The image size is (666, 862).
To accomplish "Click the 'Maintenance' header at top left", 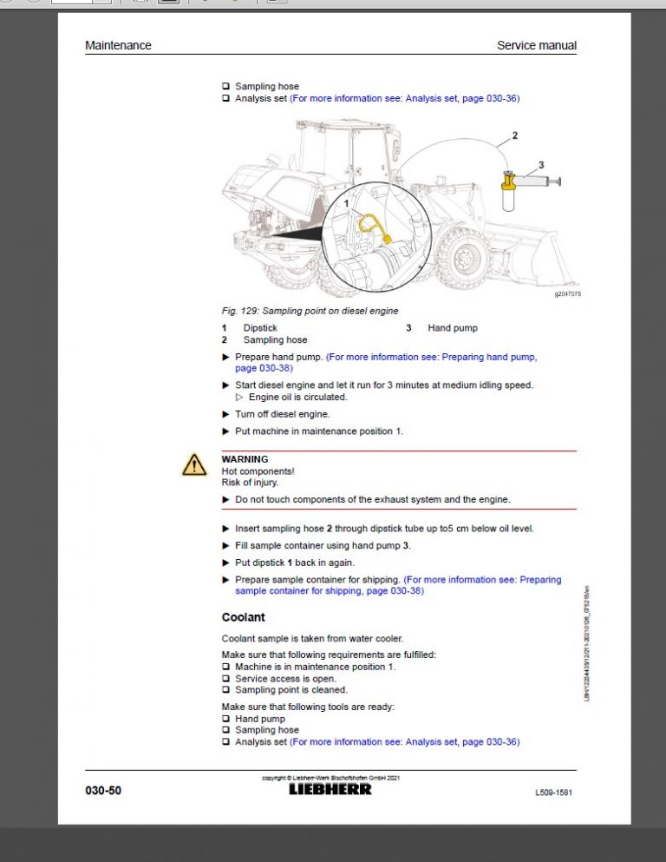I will pos(118,45).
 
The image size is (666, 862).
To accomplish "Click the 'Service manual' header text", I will pos(536,45).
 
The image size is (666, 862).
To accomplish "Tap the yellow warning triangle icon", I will pos(193,465).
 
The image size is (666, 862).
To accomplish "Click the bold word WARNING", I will pos(245,459).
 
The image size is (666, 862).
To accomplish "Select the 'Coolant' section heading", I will pos(243,617).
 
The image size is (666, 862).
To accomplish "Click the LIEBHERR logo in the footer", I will pos(330,789).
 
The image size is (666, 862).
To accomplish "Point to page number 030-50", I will pos(103,791).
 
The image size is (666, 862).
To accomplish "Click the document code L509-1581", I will pos(553,793).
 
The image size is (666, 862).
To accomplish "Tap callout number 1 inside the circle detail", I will pos(347,203).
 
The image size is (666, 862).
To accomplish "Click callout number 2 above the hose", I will pos(515,135).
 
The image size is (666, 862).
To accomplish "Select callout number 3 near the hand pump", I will pos(541,164).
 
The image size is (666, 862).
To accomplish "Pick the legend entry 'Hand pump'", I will pos(452,328).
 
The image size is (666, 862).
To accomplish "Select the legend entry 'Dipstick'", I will pos(260,328).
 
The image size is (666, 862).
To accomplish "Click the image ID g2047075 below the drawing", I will pos(567,294).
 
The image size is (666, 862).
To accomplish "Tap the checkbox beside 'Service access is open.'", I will pos(225,679).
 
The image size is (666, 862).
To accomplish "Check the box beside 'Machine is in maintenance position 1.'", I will pos(225,667).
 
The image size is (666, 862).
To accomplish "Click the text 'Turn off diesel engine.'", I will pos(282,414).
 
